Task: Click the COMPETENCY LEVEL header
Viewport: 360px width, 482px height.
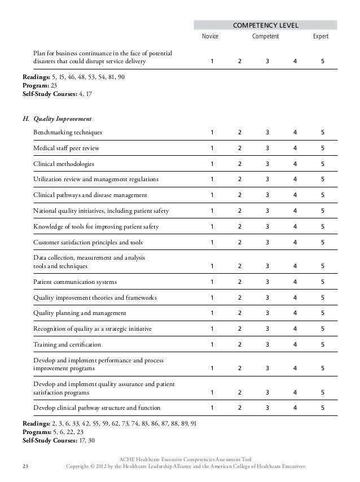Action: click(265, 25)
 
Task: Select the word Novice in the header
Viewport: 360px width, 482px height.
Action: click(210, 37)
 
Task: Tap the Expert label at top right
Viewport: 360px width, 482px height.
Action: click(321, 37)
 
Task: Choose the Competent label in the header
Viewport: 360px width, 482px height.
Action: click(265, 37)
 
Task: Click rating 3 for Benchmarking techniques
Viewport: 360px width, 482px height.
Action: click(267, 133)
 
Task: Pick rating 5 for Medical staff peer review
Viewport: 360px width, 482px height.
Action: click(322, 148)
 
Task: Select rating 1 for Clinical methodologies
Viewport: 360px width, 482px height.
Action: click(212, 164)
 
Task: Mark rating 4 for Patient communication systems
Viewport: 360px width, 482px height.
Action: click(295, 282)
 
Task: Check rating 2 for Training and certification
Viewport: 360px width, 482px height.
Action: click(239, 344)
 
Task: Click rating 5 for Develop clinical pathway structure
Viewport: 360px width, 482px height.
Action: click(322, 407)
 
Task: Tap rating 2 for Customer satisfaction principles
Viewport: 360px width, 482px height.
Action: click(239, 243)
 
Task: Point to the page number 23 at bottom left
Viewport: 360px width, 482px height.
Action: click(25, 467)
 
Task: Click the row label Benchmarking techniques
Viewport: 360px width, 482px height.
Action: click(68, 133)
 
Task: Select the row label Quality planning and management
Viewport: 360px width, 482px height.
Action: click(80, 313)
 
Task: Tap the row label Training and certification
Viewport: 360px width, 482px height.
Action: click(67, 344)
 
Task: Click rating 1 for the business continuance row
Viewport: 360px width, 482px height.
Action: click(212, 61)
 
